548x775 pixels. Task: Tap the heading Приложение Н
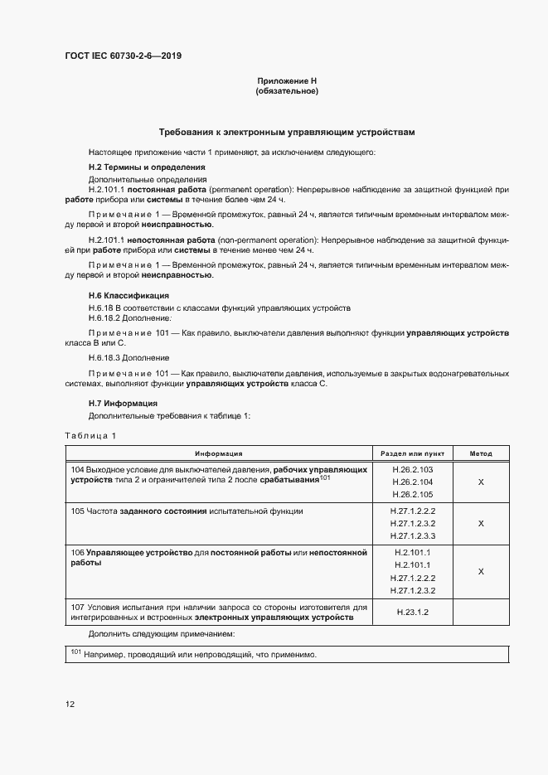287,80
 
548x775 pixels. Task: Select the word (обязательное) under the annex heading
287,91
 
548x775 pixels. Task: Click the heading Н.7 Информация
123,403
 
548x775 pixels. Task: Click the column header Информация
219,453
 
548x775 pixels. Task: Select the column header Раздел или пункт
412,453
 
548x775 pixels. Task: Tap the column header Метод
481,453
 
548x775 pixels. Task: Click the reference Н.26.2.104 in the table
412,481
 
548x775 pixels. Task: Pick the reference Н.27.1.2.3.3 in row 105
412,536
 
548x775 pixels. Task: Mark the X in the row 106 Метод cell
481,571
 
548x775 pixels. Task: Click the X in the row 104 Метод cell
481,481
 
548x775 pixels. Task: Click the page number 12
70,704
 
